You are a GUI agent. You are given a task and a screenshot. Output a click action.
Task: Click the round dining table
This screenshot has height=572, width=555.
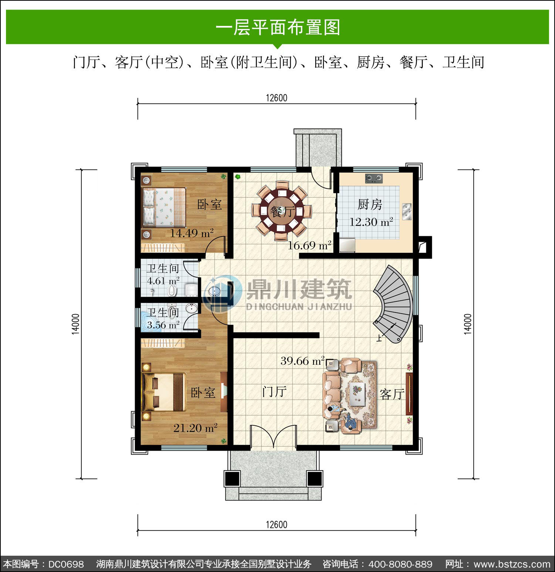tap(282, 211)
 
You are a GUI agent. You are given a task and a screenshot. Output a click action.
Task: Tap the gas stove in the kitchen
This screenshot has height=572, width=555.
tap(374, 178)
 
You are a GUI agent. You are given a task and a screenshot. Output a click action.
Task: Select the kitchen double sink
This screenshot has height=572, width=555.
tap(407, 211)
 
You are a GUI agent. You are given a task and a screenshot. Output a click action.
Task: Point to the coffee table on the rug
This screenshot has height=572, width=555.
tap(357, 395)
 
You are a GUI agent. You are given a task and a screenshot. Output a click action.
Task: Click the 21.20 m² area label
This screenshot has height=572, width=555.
tap(195, 428)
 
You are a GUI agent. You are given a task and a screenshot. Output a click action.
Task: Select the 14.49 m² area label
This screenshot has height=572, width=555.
tap(192, 233)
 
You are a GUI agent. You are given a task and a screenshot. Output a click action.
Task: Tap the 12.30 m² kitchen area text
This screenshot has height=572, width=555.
tap(371, 222)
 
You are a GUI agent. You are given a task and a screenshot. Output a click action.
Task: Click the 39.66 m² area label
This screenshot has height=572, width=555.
tap(302, 361)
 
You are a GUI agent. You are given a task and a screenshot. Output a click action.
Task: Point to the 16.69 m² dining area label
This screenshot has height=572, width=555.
tap(309, 245)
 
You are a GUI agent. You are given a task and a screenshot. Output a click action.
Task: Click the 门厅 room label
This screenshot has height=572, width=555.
tap(274, 391)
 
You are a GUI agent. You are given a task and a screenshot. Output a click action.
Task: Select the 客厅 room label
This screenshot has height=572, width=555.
tap(392, 394)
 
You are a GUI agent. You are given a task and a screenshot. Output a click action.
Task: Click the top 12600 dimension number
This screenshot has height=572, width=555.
tap(276, 98)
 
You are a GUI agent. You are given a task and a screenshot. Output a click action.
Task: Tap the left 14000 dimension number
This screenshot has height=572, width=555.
tap(75, 324)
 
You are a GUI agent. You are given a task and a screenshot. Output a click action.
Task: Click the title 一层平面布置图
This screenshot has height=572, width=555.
tap(277, 27)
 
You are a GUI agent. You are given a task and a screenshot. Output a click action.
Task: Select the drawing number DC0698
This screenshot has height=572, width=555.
tap(66, 564)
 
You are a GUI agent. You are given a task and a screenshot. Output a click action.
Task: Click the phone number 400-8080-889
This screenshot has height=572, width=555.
tap(400, 564)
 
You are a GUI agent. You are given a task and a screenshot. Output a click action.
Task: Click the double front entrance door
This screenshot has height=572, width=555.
tap(273, 437)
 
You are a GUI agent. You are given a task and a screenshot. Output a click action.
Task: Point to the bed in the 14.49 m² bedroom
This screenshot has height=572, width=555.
tap(164, 207)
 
